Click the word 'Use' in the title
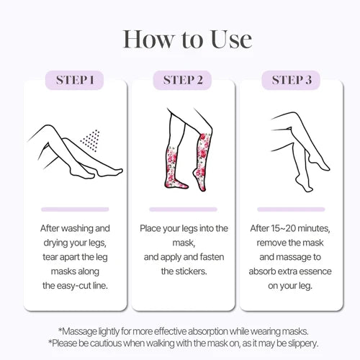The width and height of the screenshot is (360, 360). coord(232,40)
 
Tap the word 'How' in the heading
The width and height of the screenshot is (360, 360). coord(148,40)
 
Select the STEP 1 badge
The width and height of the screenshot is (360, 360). coord(74,80)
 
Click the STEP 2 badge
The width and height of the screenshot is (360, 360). coord(183,80)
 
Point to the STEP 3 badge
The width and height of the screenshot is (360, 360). coord(291,80)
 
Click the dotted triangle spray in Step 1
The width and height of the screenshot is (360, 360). coord(91,140)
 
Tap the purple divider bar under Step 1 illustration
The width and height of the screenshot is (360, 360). coord(75,210)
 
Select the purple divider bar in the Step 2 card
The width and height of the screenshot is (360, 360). coord(183,210)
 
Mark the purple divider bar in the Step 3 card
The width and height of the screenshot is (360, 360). coord(291,210)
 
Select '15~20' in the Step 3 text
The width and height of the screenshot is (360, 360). coord(284,228)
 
